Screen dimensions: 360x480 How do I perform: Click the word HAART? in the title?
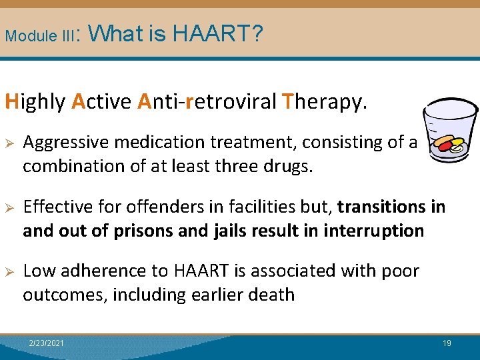click(x=218, y=33)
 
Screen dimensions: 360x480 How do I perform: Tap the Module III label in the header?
click(x=41, y=35)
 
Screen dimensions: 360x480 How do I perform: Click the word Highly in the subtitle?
click(x=35, y=101)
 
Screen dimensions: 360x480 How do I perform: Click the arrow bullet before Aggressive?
click(x=9, y=142)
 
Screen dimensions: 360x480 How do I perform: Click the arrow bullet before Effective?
click(x=9, y=207)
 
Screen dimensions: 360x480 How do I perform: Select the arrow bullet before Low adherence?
click(x=9, y=271)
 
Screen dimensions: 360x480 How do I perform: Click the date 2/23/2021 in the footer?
click(x=47, y=343)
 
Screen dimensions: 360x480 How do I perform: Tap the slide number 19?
click(x=447, y=343)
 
